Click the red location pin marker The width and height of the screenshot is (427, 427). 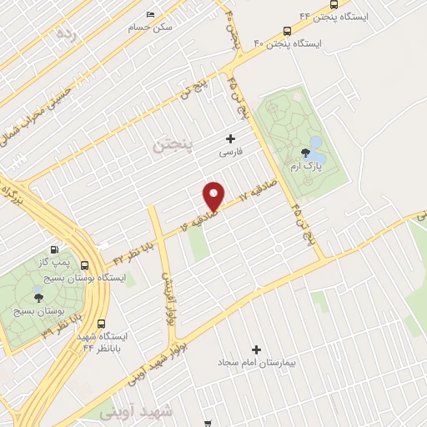click(214, 195)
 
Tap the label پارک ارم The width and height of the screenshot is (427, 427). click(305, 167)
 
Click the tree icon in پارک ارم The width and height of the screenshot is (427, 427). click(305, 152)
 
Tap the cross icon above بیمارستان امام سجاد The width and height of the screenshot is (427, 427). click(256, 350)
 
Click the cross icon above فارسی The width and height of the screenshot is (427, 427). click(230, 138)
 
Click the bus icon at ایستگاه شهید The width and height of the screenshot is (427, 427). click(102, 324)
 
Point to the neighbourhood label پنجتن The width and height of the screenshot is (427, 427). click(173, 147)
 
